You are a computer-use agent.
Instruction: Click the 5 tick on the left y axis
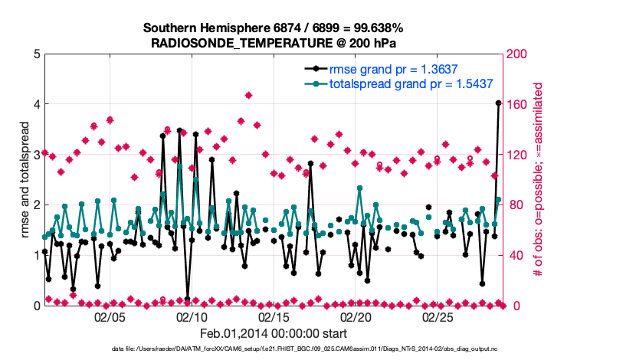click(x=36, y=54)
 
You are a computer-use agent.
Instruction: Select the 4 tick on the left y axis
click(x=36, y=104)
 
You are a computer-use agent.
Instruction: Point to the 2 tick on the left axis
click(x=36, y=205)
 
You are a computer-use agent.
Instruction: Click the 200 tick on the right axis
click(x=518, y=54)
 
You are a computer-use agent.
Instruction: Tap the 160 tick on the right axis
click(x=518, y=104)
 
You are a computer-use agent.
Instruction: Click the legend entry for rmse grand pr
click(x=399, y=69)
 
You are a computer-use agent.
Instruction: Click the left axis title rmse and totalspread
click(x=25, y=179)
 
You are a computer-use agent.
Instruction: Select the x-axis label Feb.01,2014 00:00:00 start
click(x=274, y=333)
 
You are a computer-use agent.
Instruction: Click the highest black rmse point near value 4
click(x=498, y=103)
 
